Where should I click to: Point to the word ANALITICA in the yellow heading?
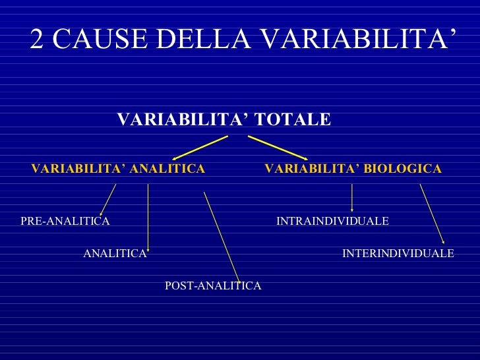pyautogui.click(x=167, y=169)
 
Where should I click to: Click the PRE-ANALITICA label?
pyautogui.click(x=65, y=222)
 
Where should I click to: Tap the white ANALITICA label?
pyautogui.click(x=115, y=253)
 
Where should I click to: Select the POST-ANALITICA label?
pyautogui.click(x=213, y=285)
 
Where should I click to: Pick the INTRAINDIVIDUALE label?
pyautogui.click(x=332, y=222)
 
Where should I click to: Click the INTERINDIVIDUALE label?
pyautogui.click(x=398, y=253)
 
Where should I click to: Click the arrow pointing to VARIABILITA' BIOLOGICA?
pyautogui.click(x=278, y=148)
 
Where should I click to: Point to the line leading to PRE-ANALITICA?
pyautogui.click(x=107, y=199)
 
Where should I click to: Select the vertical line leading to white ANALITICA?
pyautogui.click(x=148, y=218)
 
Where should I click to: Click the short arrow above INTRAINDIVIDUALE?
pyautogui.click(x=352, y=197)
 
